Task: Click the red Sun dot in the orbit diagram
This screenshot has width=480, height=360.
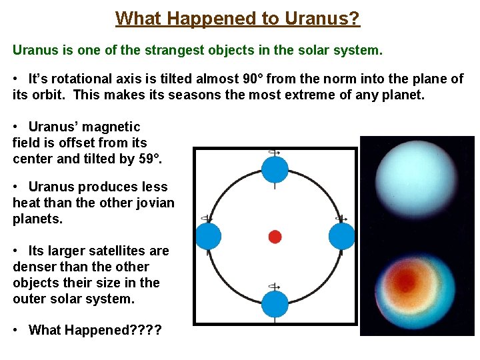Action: tap(275, 237)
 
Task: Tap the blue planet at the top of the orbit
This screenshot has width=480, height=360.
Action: tap(275, 169)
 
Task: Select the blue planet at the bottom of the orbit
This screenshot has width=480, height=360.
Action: tap(275, 304)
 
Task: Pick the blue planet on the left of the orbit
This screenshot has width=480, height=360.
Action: tap(207, 237)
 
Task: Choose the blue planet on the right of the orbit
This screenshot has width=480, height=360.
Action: tap(342, 237)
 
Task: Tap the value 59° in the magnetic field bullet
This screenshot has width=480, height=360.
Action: tap(147, 159)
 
